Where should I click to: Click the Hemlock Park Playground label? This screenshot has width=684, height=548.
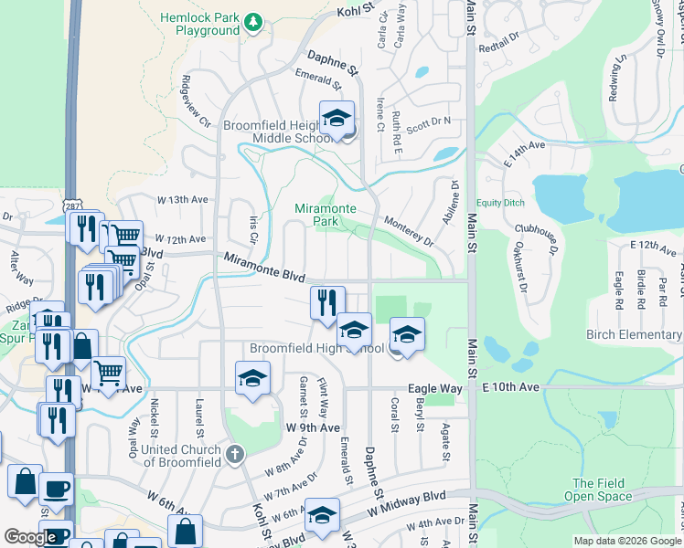(x=199, y=24)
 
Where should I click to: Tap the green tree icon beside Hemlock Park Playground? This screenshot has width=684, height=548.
(x=254, y=22)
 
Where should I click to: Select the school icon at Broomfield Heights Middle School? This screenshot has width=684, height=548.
(x=337, y=119)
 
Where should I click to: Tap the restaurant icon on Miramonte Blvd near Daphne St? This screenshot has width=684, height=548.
(x=327, y=303)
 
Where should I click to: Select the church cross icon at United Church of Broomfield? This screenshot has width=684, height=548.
(x=235, y=453)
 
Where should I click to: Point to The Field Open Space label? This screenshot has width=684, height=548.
(x=601, y=490)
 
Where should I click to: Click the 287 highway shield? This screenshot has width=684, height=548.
(x=71, y=208)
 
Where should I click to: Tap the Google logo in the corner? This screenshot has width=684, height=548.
(x=30, y=537)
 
